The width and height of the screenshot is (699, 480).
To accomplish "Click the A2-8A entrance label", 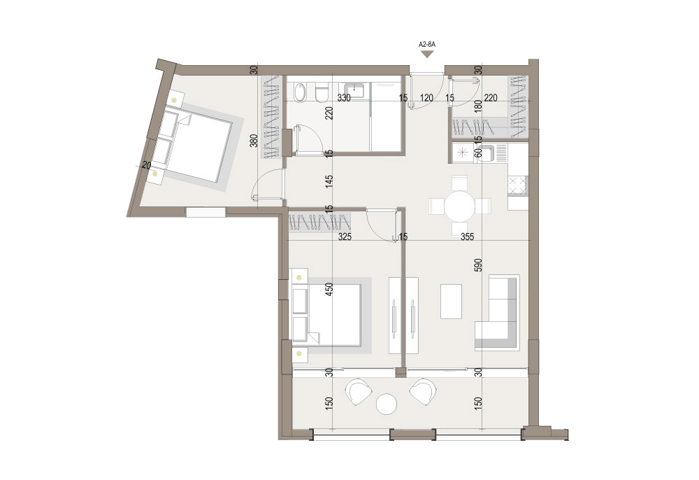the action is pyautogui.click(x=427, y=44).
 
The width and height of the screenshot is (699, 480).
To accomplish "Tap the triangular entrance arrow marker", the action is pyautogui.click(x=428, y=54).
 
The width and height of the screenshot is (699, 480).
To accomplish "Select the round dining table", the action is pyautogui.click(x=460, y=206).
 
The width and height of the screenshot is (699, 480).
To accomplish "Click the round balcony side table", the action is pyautogui.click(x=387, y=404).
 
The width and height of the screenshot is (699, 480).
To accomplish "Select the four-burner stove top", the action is pyautogui.click(x=518, y=185).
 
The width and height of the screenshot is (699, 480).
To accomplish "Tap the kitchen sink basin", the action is pyautogui.click(x=487, y=153).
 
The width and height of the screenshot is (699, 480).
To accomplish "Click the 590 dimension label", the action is pyautogui.click(x=478, y=265).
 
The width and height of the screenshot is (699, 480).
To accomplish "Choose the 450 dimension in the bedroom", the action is pyautogui.click(x=329, y=290).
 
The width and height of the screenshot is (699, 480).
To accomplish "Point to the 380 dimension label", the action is pyautogui.click(x=254, y=141).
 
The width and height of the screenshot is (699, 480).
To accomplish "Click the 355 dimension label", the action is pyautogui.click(x=467, y=237).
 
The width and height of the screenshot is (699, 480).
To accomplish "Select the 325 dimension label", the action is pyautogui.click(x=345, y=237).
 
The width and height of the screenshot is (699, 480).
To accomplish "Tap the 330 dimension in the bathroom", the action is pyautogui.click(x=344, y=98).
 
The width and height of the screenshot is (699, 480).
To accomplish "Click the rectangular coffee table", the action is pyautogui.click(x=451, y=302).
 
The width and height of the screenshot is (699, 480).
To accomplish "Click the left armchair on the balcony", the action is pyautogui.click(x=359, y=391).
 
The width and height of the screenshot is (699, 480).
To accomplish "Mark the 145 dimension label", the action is pyautogui.click(x=329, y=181).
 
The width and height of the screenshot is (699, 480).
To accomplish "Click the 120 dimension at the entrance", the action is pyautogui.click(x=426, y=98).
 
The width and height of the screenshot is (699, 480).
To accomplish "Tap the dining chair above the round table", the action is pyautogui.click(x=460, y=184).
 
